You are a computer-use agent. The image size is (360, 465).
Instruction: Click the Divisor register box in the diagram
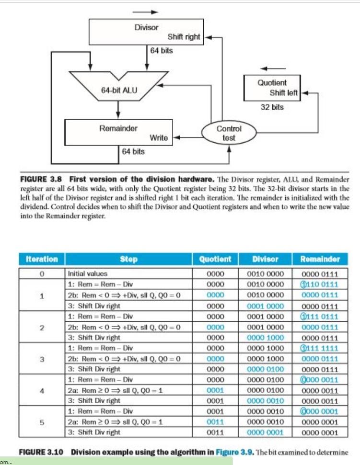(146, 32)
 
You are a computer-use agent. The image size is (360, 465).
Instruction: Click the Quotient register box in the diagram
(272, 87)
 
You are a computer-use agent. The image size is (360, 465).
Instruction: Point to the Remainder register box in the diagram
(118, 133)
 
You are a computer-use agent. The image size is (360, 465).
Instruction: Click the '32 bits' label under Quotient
(272, 107)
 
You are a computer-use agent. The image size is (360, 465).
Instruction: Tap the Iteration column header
(42, 259)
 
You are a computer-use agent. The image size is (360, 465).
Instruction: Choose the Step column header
(129, 259)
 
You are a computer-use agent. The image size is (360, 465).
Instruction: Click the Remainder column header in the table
(320, 259)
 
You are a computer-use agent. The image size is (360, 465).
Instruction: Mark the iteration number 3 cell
(42, 359)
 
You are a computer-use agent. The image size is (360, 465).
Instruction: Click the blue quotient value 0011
(215, 422)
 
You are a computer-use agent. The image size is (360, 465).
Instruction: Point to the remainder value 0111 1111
(320, 348)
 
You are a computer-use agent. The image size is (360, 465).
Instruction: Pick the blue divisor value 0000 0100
(265, 369)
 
